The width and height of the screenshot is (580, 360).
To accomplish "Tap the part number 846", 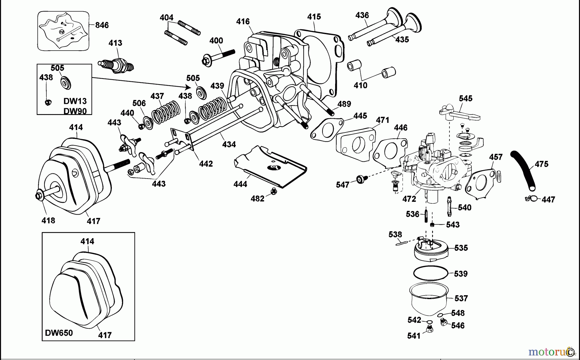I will pos(102,25).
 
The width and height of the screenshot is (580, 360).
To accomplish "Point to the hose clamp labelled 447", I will pos(531,198).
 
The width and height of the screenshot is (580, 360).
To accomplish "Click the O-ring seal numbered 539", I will pos(430,273).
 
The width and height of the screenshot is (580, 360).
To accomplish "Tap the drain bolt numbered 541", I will pos(429,329).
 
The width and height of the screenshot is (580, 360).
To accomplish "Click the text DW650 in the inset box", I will pos(59,333).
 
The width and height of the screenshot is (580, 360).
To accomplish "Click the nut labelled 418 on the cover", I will pos(39,195).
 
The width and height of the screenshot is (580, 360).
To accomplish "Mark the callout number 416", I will pos(243,22).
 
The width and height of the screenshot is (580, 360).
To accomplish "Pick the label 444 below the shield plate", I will pos(240,184).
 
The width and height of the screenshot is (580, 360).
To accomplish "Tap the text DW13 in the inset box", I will pos(75,101).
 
